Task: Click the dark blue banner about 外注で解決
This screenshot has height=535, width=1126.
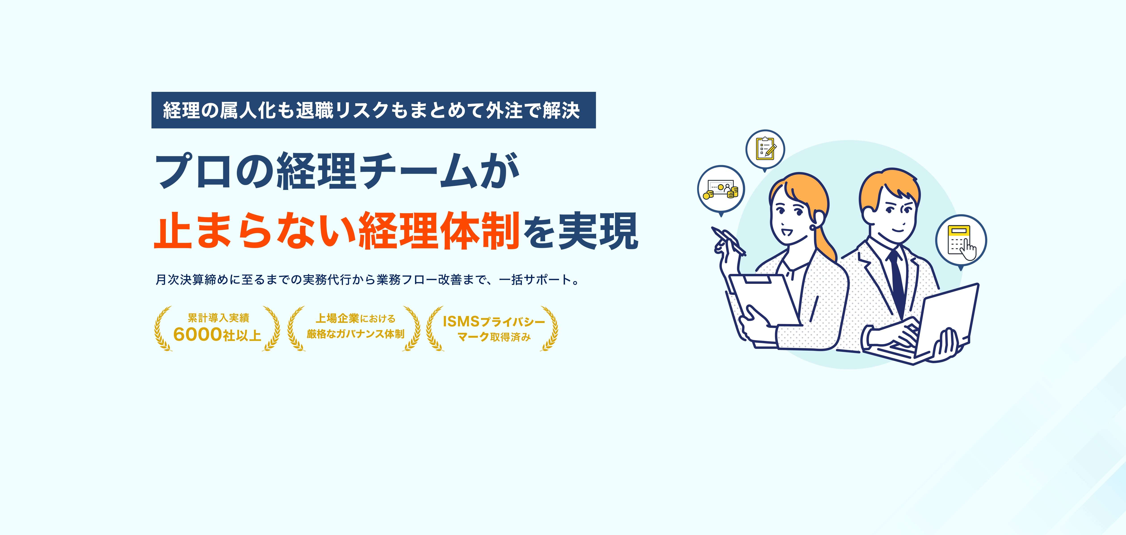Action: pos(373,110)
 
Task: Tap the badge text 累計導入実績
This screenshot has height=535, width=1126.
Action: pos(218,318)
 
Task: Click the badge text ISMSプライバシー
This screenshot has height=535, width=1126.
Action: pos(494,322)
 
